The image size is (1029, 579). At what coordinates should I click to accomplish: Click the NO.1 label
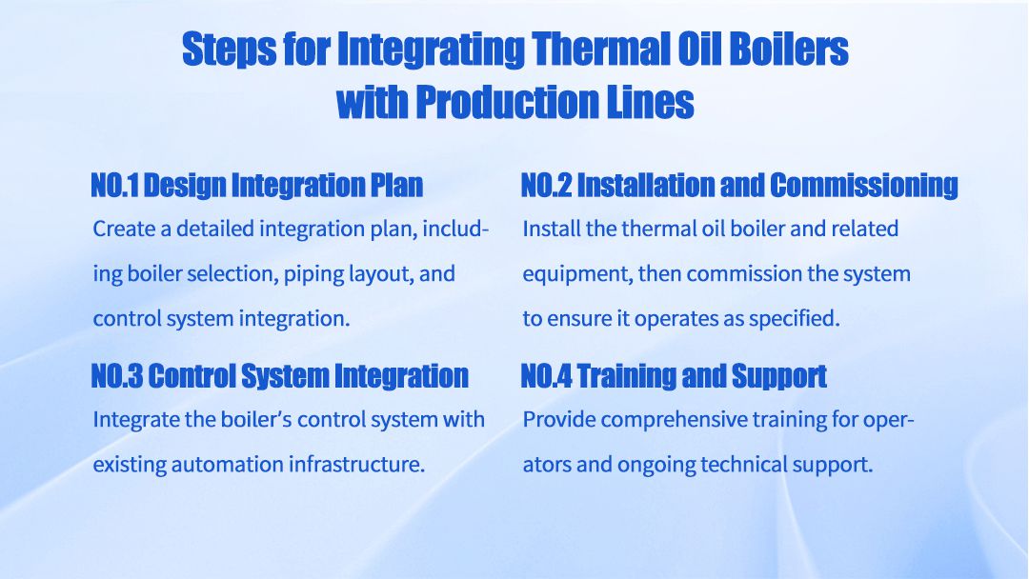(x=114, y=185)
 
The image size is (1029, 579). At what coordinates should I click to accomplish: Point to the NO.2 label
(x=545, y=185)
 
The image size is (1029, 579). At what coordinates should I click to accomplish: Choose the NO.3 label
(x=115, y=375)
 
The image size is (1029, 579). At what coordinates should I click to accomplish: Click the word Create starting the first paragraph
(x=119, y=230)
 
